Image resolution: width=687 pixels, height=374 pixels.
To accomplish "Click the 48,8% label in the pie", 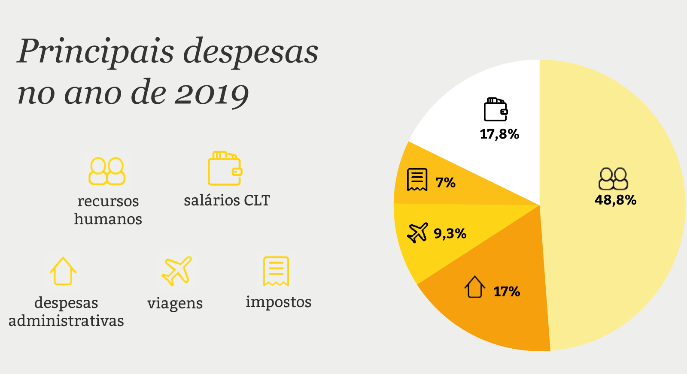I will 615,200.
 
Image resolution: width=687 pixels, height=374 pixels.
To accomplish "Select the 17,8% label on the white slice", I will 499,134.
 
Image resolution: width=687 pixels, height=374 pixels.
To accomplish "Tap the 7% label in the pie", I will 446,183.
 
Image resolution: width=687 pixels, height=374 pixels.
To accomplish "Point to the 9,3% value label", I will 450,233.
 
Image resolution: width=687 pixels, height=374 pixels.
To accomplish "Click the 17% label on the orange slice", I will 507,292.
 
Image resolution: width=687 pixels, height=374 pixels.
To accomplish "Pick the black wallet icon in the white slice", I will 496,110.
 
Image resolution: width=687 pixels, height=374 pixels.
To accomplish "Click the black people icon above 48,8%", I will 613,179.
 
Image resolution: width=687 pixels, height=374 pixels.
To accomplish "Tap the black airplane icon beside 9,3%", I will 417,233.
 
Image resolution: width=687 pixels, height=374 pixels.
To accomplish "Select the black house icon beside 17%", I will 475,287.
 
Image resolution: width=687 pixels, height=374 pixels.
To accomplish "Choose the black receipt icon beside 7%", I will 417,179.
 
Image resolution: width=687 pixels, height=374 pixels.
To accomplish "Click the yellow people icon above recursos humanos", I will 107,171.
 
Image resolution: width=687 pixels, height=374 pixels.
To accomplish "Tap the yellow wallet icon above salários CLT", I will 225,168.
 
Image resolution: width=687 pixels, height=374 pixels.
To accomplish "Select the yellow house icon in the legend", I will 63,271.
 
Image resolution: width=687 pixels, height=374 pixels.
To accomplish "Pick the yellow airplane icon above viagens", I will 176,271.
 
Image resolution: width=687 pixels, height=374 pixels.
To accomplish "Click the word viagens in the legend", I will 175,303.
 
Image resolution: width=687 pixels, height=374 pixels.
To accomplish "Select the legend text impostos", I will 278,302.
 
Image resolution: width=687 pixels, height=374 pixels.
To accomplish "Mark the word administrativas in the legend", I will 66,321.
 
